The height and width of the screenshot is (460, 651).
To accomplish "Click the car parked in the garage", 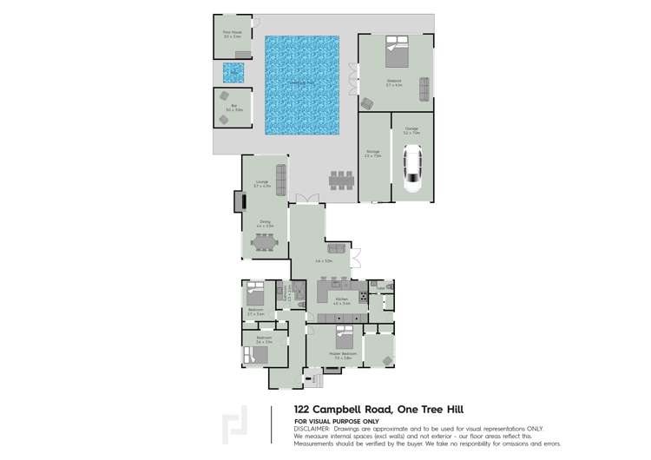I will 411,168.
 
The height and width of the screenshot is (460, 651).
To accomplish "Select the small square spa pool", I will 233,72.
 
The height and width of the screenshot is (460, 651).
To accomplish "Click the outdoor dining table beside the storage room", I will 341,181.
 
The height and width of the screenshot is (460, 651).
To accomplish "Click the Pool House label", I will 232,35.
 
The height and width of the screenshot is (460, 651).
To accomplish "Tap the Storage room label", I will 373,154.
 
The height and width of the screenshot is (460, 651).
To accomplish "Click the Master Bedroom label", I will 343,354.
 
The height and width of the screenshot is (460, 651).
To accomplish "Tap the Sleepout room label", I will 394,83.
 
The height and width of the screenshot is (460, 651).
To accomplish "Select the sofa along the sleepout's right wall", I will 424,89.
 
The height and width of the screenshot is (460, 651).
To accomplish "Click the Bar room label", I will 233,108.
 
